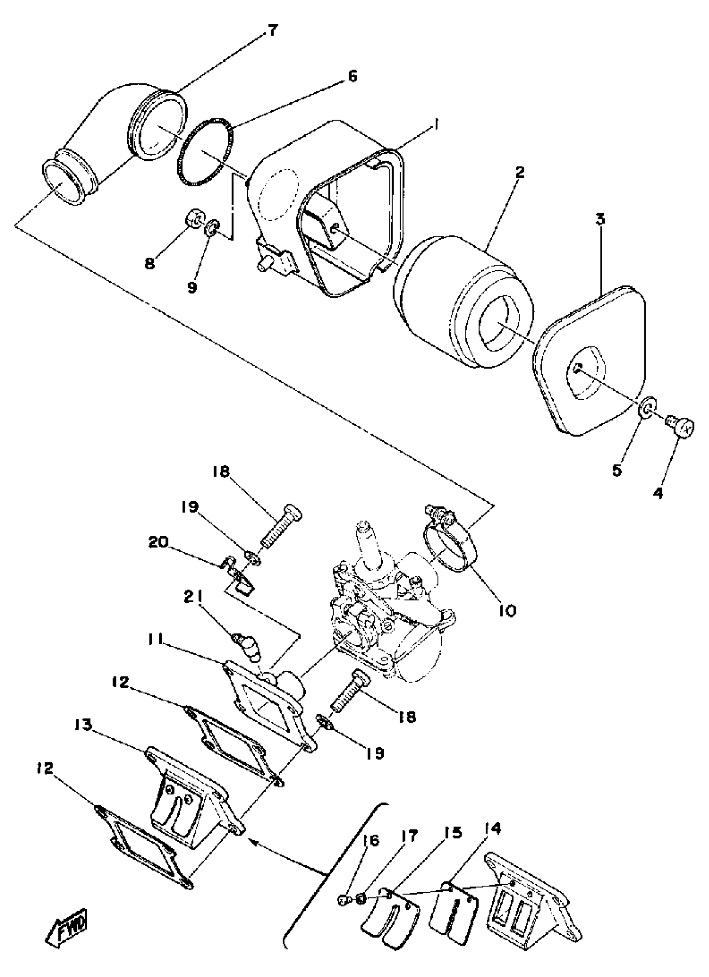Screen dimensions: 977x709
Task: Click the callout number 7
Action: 272,31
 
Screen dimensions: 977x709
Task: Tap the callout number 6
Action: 352,77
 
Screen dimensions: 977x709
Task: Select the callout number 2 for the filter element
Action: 520,173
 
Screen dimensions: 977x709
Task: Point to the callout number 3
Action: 600,219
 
